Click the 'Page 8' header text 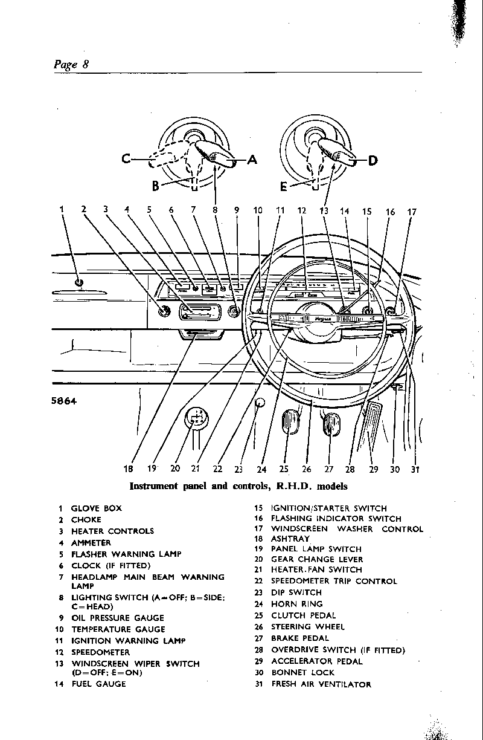click(71, 64)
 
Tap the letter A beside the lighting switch click(252, 160)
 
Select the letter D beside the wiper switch click(373, 160)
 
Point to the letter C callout click(126, 159)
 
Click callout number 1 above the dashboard click(62, 210)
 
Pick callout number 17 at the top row click(412, 212)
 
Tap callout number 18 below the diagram click(128, 469)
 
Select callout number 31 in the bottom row click(415, 469)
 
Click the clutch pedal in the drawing click(291, 421)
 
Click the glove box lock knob click(79, 282)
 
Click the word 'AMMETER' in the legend click(91, 543)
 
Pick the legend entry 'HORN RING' click(296, 604)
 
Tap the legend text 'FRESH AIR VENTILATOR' click(321, 684)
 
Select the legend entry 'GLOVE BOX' click(96, 508)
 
